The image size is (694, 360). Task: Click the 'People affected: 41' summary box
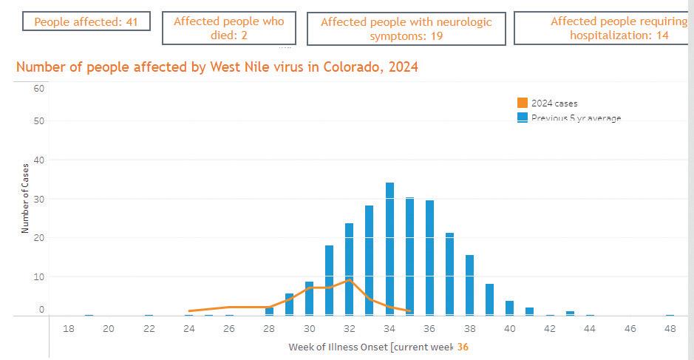(x=86, y=21)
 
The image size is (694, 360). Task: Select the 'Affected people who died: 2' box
(x=229, y=29)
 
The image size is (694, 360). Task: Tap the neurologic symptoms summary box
(x=406, y=29)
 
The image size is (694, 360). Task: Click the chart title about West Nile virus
(x=217, y=67)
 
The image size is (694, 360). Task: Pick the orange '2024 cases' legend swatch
(x=522, y=103)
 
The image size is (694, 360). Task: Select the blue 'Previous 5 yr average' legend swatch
(x=522, y=117)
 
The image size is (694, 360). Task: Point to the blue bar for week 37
(x=449, y=274)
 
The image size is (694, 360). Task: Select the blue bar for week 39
(x=489, y=299)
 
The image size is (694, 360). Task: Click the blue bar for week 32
(x=349, y=269)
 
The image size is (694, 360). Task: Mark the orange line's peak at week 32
(x=349, y=280)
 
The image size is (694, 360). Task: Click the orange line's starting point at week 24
(x=189, y=311)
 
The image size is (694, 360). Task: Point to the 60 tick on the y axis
(x=39, y=89)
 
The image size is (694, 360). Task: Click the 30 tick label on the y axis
(x=39, y=199)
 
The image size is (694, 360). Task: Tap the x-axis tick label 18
(x=69, y=328)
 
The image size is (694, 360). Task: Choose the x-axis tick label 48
(x=670, y=328)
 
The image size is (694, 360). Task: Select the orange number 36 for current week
(x=463, y=346)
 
